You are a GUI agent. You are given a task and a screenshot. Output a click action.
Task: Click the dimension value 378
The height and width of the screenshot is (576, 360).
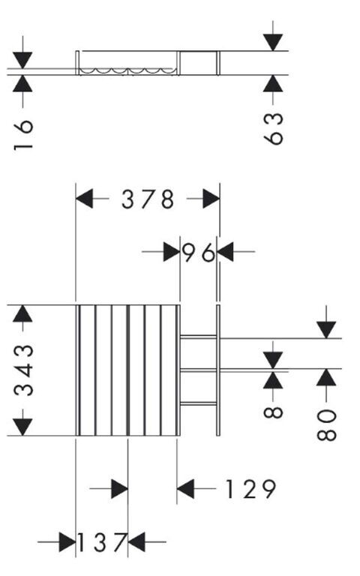pos(147,199)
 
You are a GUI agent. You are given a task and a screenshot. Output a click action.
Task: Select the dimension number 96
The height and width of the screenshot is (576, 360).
pos(198,252)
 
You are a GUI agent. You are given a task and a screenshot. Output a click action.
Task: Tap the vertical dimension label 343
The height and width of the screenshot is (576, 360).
pos(23,370)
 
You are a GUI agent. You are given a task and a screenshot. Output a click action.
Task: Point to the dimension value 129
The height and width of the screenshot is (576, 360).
pos(250,489)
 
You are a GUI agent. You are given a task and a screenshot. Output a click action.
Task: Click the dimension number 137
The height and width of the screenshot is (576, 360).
pos(102,542)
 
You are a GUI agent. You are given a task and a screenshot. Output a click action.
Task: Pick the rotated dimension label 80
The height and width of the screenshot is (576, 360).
pos(326,424)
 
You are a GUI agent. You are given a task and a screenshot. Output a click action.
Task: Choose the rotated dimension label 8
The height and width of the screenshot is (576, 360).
pos(273,412)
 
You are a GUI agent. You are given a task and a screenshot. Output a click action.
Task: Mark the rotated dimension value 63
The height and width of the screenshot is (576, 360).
pos(274,128)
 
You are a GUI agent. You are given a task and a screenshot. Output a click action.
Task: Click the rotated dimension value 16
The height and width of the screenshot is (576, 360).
pos(23,135)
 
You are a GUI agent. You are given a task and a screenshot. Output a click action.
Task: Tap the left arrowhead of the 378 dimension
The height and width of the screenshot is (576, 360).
pos(84,199)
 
